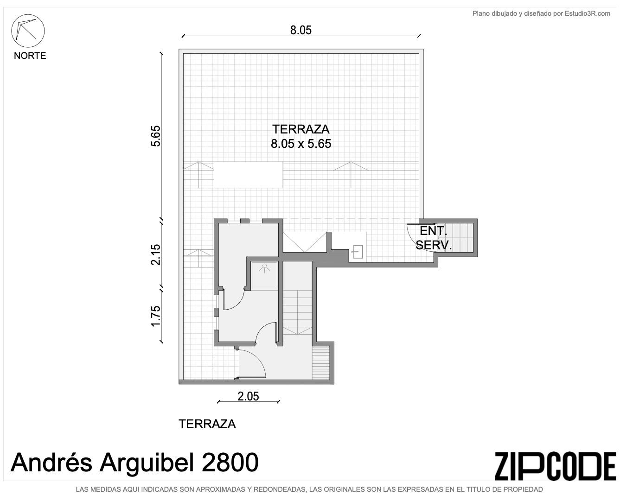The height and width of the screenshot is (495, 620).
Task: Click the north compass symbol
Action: point(28,31)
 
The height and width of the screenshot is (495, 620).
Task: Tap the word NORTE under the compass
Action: point(30,56)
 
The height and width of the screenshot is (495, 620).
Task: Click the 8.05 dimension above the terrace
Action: point(301,30)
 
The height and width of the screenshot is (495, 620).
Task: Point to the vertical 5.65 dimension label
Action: point(155,136)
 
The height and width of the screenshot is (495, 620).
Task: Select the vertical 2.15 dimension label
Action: point(155,254)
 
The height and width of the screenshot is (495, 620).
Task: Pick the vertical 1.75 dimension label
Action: point(155,316)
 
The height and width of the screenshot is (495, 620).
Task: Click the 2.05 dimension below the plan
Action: point(248,397)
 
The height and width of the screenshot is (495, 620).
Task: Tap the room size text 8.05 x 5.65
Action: point(301,144)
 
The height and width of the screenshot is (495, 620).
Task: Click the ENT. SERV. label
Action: point(434,238)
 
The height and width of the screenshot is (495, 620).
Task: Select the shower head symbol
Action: point(264,268)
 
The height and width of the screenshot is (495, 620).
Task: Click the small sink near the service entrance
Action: point(358,252)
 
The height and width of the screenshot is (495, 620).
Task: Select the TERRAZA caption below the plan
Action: point(207,424)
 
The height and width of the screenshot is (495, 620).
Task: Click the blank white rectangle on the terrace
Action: point(248,175)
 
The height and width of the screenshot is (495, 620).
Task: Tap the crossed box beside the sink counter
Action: point(305,242)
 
